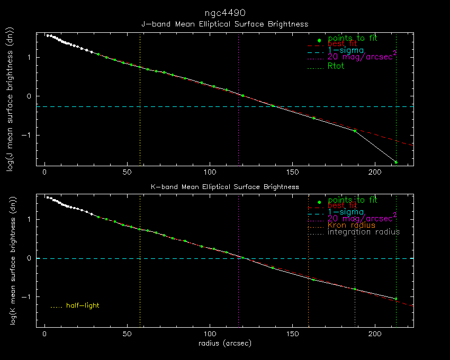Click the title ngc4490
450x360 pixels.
point(225,12)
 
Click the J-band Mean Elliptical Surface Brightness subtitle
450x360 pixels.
point(224,24)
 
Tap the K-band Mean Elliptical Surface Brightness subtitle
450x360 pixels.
point(224,187)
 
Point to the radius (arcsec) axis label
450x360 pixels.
point(224,343)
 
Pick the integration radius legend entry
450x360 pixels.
point(364,232)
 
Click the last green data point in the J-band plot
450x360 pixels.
point(396,162)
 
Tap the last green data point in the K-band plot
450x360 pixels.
point(396,299)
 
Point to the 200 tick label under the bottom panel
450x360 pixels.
point(374,335)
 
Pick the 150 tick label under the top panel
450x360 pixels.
point(292,173)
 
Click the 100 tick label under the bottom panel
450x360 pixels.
point(209,335)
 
